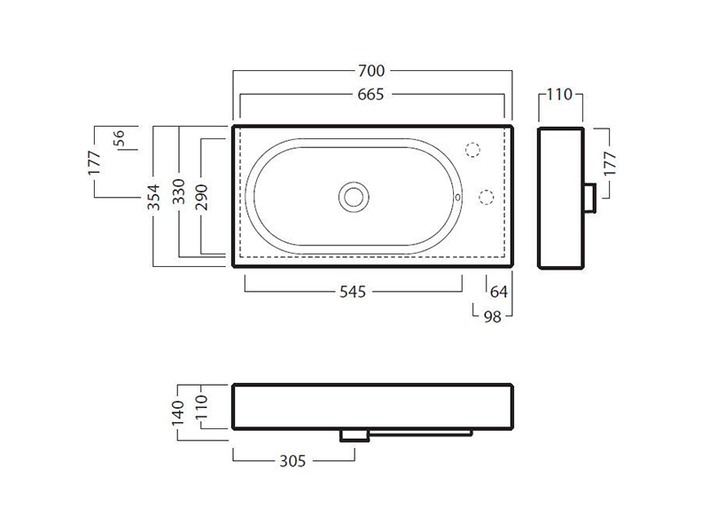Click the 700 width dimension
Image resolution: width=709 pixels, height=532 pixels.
point(371,71)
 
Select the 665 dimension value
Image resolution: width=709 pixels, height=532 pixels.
point(370,95)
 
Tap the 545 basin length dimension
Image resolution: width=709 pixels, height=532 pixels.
point(353,292)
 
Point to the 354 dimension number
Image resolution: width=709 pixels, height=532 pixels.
point(153,197)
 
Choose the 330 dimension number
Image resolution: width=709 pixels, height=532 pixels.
point(179,191)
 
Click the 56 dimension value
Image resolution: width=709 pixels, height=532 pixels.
point(119,138)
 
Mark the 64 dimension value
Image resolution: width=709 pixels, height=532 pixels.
point(499,292)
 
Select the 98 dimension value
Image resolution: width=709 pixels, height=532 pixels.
point(493,317)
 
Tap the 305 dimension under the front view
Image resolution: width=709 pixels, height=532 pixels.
point(293,461)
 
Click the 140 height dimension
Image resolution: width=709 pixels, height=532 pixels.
point(178,412)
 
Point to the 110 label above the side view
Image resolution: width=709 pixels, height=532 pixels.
point(560,95)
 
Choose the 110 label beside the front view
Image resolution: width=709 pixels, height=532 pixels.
point(201,406)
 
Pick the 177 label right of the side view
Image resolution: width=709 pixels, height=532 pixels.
point(610,163)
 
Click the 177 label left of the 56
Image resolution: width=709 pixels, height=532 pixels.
point(94,162)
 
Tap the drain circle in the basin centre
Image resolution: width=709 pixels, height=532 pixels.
point(354,197)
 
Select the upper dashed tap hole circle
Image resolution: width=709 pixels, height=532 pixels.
point(472,150)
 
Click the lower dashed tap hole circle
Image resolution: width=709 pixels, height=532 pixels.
point(486,197)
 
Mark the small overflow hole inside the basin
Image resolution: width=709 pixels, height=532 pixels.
point(457,197)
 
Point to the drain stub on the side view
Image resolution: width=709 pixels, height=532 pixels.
point(589,198)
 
